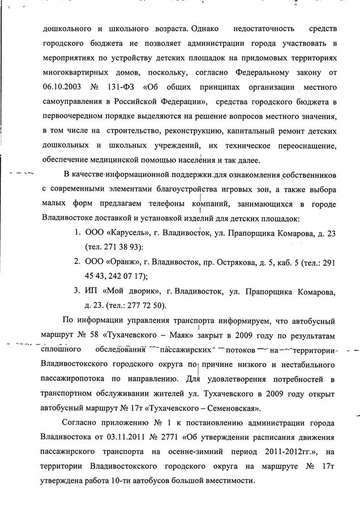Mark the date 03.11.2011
pyautogui.click(x=128, y=438)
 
